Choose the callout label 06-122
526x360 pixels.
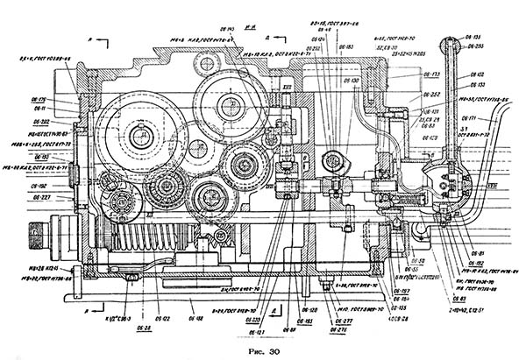pyautogui.click(x=162, y=318)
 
